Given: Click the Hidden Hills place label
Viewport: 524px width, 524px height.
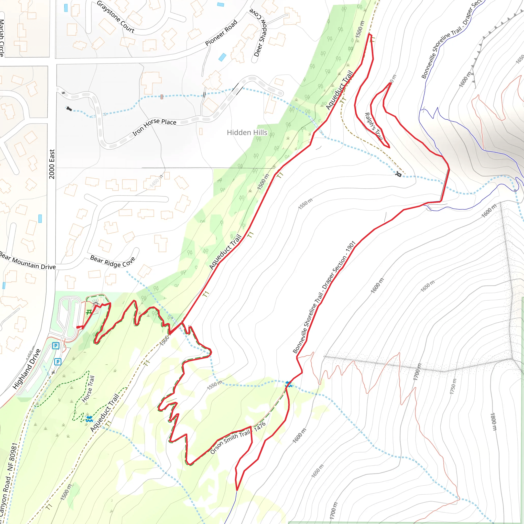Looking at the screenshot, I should coord(247,133).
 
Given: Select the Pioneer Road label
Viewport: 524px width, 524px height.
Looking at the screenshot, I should coord(221,33).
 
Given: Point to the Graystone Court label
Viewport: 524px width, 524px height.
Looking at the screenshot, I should coord(116,17).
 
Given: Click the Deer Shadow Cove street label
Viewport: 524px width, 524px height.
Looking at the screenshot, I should coord(259,32).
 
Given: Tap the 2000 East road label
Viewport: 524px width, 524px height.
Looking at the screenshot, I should coord(52,164).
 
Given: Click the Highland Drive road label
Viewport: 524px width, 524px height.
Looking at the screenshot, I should coord(27,369).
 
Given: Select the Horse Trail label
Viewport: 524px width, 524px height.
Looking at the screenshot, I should coord(89,389).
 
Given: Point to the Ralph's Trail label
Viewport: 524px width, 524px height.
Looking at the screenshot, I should coord(374,126).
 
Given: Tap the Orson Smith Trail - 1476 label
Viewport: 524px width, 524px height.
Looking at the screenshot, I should coord(238,438).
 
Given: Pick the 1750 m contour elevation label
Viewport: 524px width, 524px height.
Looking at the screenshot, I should coord(453,387).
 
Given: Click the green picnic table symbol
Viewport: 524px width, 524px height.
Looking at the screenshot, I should coord(89,313).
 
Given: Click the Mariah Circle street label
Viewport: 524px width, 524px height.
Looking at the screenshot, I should coord(2,38).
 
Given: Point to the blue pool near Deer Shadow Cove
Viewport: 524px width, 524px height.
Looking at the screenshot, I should coord(222,57).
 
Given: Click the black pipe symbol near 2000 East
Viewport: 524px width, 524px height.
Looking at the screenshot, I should coord(69,109).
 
